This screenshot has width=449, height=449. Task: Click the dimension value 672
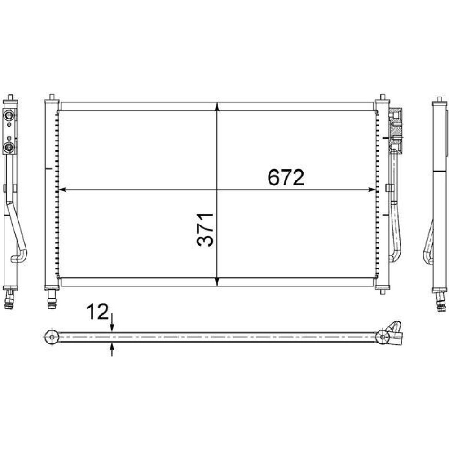tap(286, 177)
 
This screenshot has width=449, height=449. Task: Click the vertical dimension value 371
tap(205, 229)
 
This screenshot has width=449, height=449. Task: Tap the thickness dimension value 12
tap(97, 312)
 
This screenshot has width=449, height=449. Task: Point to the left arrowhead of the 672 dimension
tap(62, 189)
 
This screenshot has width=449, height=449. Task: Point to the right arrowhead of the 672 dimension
tap(372, 189)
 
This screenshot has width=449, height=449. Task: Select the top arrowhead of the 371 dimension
tap(217, 106)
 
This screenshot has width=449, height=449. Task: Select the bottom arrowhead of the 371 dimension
tap(217, 282)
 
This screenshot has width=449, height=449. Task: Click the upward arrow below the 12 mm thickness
tap(112, 349)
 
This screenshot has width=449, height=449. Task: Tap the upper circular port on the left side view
tap(9, 115)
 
